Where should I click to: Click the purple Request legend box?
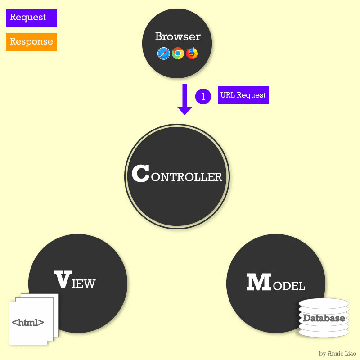[x=31, y=18]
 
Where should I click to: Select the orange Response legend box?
[x=31, y=42]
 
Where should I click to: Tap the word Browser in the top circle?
[x=178, y=36]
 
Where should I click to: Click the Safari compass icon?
[x=163, y=54]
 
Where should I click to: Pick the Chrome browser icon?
[x=178, y=54]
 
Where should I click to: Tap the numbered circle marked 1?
[x=203, y=96]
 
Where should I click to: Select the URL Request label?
[x=243, y=95]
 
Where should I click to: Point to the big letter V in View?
[x=62, y=280]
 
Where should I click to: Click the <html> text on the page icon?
[x=28, y=322]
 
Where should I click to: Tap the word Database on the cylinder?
[x=324, y=318]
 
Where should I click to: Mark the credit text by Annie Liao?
[x=337, y=354]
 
